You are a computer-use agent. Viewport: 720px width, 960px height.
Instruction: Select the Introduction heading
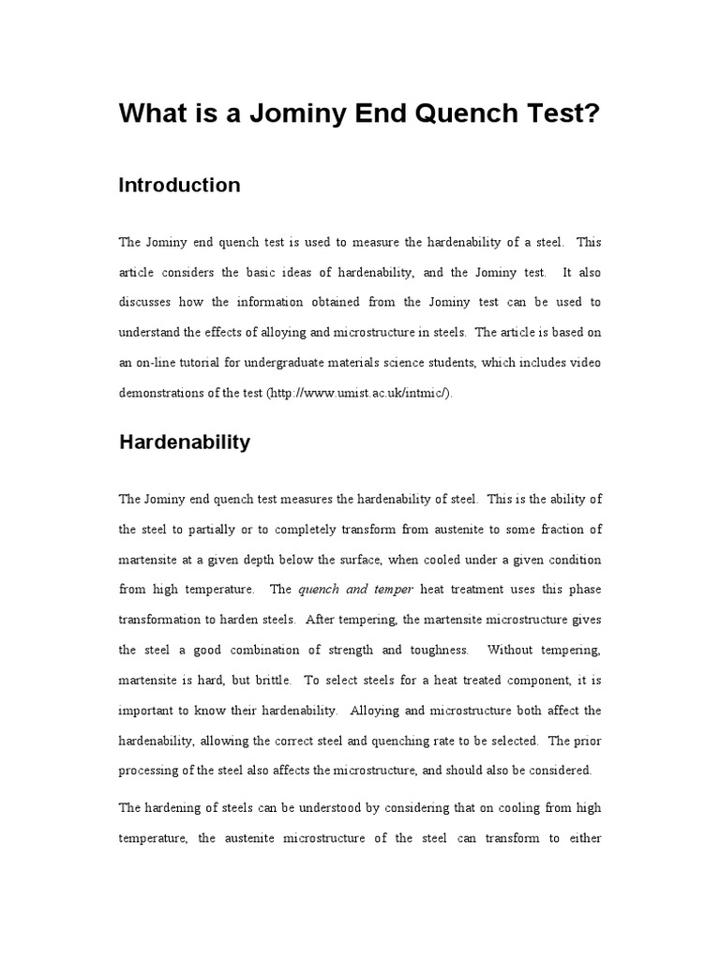(x=179, y=186)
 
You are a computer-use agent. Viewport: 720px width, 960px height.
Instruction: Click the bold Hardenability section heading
(x=185, y=442)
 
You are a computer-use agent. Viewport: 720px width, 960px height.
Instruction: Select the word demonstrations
(x=163, y=393)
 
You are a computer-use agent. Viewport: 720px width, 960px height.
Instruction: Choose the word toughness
(x=430, y=650)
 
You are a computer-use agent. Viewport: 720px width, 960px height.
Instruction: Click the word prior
(x=587, y=740)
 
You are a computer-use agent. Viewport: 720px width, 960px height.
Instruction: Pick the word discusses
(x=149, y=302)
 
